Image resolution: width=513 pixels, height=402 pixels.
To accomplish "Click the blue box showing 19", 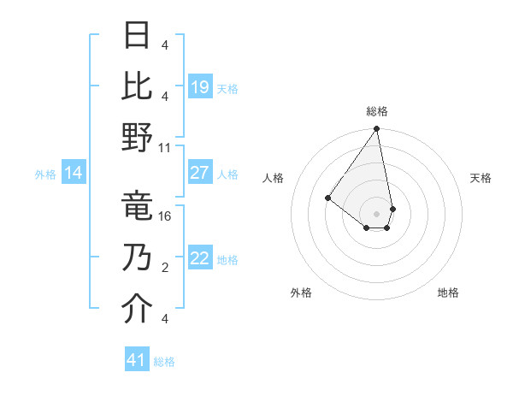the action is point(199,86).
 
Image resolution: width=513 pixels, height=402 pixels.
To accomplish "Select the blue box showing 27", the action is point(199,173).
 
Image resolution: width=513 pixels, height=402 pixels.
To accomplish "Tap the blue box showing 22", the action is point(199,259).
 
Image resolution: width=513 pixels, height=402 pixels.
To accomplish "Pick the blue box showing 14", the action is point(74,173).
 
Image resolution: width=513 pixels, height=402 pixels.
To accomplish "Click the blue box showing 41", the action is point(137,360).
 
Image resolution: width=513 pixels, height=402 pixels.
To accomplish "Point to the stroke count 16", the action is point(165,216).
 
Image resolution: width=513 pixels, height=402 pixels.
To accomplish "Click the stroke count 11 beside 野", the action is point(165,146).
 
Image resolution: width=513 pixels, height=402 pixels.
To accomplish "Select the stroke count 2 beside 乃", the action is point(165,268).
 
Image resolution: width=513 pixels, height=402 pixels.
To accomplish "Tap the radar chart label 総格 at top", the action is point(377,111).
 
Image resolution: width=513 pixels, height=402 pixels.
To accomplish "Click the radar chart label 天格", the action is point(481,178).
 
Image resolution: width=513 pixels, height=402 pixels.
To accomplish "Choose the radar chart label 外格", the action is point(301,293).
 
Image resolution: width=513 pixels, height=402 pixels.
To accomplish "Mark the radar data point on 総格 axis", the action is point(377,130).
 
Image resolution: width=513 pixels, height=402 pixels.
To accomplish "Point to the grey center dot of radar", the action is point(377,212).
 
